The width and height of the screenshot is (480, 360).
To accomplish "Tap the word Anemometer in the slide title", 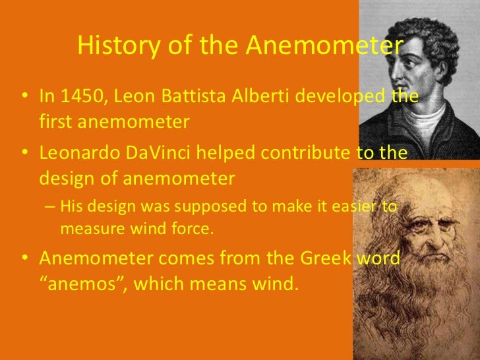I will coord(324,45).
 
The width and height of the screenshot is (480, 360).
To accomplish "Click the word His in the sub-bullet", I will coord(71,207).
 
